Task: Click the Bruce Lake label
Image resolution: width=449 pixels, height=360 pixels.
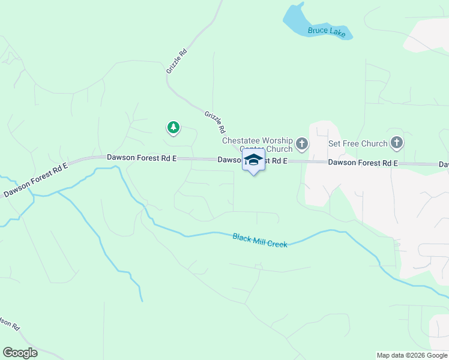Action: (327, 32)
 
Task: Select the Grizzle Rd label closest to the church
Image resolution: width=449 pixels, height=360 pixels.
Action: (215, 122)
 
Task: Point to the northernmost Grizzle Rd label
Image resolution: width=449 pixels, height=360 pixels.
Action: (177, 61)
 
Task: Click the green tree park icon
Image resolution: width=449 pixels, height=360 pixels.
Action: (173, 127)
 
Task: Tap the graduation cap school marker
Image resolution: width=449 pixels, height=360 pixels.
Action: (254, 160)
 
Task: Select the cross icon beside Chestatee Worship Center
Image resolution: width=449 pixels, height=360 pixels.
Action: (302, 144)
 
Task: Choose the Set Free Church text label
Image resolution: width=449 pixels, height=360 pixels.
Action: (358, 144)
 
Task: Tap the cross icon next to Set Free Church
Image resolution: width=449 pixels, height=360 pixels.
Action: (396, 143)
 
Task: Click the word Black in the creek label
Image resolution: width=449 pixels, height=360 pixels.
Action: (241, 238)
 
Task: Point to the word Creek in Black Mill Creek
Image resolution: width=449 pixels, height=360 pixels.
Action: (278, 244)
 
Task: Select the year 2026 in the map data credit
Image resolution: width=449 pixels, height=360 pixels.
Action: (411, 355)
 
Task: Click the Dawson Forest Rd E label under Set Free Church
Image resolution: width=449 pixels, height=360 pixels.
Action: (363, 163)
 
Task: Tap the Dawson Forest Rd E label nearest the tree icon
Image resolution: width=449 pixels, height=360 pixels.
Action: (142, 157)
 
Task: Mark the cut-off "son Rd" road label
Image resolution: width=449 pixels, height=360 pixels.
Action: (9, 323)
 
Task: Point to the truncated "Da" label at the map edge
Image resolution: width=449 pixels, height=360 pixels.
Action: (444, 164)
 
